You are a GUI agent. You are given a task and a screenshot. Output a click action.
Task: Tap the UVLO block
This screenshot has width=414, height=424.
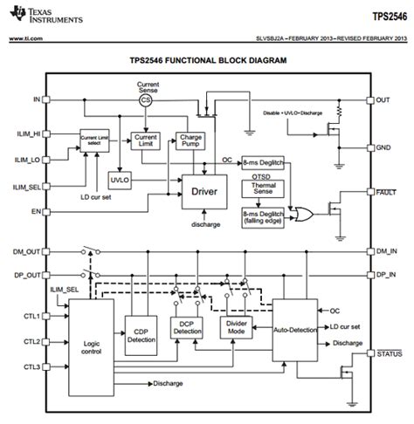click(119, 179)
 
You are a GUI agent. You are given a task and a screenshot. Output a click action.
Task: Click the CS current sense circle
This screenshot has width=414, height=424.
click(147, 100)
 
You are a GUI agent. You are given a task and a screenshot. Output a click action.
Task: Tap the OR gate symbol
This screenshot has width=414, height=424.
click(304, 211)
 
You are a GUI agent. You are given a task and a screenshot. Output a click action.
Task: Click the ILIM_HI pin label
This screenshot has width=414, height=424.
click(24, 133)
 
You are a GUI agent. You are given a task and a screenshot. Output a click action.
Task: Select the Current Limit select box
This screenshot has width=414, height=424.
click(98, 140)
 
